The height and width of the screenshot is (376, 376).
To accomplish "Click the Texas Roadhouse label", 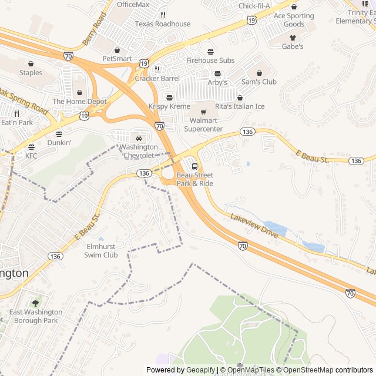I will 163,24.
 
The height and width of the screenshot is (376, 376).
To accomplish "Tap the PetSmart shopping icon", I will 117,50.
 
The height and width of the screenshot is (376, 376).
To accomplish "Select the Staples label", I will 31,73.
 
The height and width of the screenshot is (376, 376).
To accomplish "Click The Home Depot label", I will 80,102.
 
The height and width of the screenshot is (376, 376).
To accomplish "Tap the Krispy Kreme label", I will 169,106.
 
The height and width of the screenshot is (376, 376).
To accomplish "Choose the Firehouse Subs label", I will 210,61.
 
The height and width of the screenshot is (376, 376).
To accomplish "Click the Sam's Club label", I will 258,82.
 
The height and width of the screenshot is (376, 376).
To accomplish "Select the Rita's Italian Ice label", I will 240,106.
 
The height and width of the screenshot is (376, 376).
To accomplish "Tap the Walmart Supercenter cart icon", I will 204,112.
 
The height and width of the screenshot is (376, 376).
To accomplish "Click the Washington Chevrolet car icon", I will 139,138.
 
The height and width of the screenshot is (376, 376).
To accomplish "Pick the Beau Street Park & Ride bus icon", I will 194,166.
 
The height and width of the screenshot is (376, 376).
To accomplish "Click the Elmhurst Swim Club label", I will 102,251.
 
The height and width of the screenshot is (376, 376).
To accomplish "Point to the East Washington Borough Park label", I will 36,316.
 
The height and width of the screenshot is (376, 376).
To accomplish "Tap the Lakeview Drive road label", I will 255,224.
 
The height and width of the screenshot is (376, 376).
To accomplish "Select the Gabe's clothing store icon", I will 292,38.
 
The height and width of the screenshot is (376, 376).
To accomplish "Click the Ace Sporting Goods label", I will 294,20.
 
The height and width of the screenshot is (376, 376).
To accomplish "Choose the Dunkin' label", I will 59,142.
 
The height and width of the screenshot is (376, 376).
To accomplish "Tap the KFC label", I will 31,156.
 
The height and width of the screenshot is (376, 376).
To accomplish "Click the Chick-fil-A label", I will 254,6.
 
